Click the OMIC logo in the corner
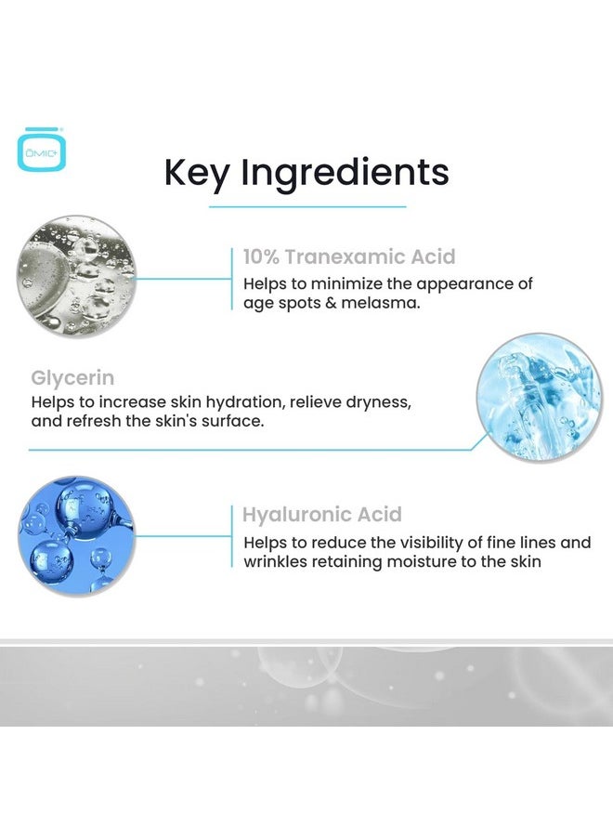coord(42,148)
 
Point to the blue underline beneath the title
coord(307,206)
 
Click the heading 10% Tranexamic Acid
coord(349,256)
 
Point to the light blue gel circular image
coord(539,399)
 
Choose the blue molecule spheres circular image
coord(77,537)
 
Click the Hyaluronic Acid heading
coord(322,514)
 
